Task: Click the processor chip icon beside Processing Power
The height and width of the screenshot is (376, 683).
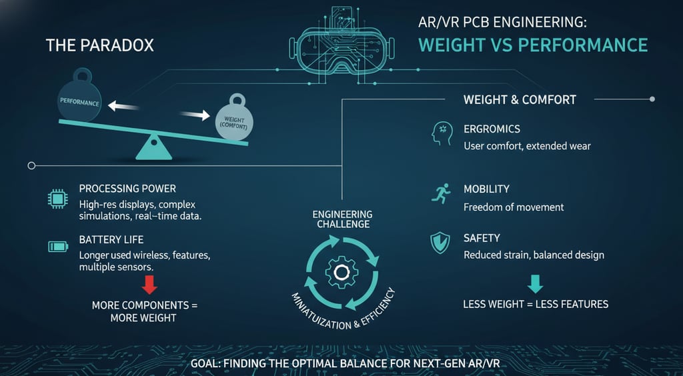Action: pos(56,197)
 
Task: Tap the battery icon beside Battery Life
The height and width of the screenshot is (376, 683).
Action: pos(57,247)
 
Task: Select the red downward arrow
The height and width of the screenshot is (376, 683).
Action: pos(150,285)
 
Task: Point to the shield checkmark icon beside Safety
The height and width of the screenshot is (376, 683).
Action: pos(440,243)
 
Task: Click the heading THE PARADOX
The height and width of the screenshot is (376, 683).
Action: pos(99,45)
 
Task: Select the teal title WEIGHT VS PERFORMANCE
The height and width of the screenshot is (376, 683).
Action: pos(532,45)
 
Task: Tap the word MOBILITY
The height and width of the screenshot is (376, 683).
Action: pos(486,189)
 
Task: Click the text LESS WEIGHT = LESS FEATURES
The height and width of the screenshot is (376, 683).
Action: pos(536,304)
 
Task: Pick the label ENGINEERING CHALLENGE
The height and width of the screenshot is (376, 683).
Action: pos(341,219)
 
